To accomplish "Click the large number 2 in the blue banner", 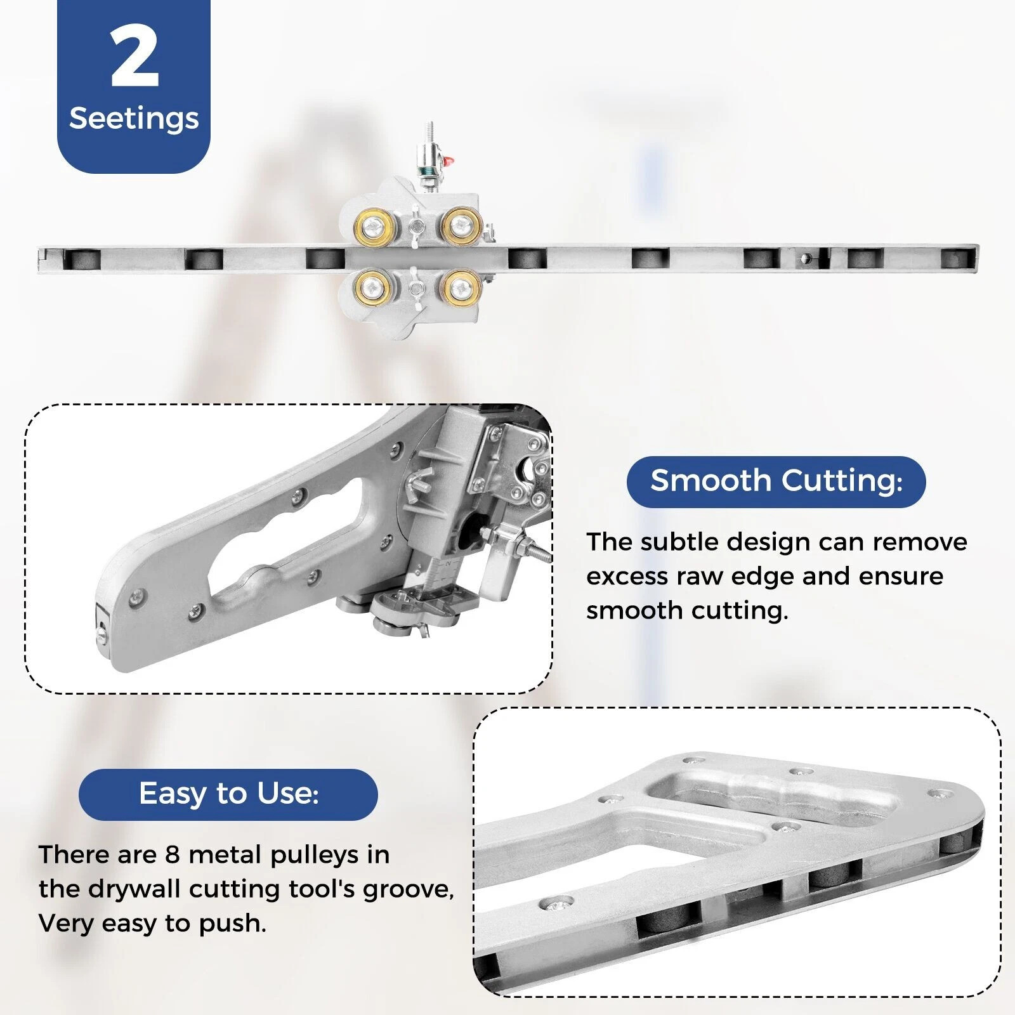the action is point(134,57).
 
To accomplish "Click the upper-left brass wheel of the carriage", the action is point(374,224).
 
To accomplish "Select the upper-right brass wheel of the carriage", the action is point(460,224).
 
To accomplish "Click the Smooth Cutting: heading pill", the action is point(776,481).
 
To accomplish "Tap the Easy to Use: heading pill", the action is point(228,794).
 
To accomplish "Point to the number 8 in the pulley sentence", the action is point(173,855).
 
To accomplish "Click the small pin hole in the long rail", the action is point(807,258).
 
